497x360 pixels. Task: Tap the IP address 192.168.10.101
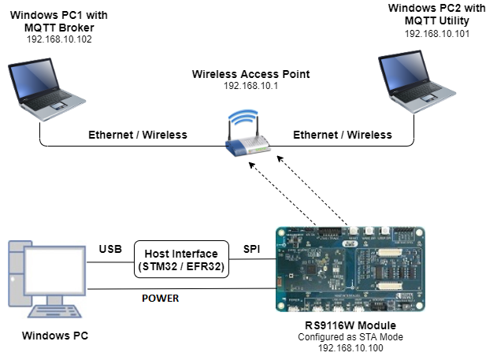(x=438, y=35)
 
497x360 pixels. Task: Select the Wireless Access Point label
(x=251, y=74)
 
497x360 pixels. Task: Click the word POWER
(x=160, y=299)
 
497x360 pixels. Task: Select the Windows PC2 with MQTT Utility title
(x=438, y=14)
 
